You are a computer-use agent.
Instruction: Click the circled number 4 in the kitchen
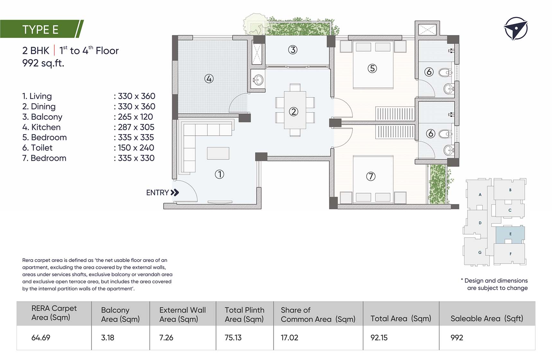pos(209,78)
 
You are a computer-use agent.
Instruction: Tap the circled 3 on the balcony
pos(292,50)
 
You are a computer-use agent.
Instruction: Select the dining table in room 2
pos(295,110)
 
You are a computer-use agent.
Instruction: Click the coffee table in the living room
pos(218,153)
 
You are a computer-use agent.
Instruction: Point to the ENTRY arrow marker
pos(175,193)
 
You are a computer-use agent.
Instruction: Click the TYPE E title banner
pos(42,29)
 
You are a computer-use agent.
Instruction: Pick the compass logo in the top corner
pos(516,29)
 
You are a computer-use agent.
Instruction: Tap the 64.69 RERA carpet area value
pos(41,337)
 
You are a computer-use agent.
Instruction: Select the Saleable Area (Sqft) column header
pos(487,319)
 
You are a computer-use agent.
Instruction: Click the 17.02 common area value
pos(289,337)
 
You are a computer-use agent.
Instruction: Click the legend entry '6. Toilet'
pos(37,148)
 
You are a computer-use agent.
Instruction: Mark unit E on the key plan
pos(510,234)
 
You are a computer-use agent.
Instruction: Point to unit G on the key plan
pos(480,252)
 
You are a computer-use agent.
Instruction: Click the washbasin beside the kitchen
pos(258,80)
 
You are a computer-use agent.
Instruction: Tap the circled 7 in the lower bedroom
pos(371,176)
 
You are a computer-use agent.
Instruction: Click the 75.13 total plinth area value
pos(233,337)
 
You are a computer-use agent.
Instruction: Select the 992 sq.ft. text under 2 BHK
pos(43,63)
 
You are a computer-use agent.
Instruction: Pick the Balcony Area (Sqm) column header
pos(120,314)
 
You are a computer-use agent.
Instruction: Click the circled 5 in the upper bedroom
pos(372,68)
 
